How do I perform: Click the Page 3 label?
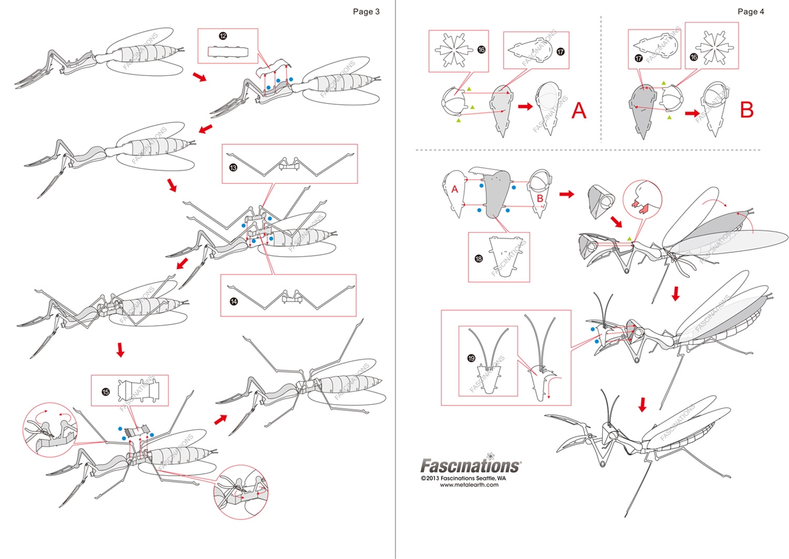pos(366,12)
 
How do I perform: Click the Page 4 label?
pos(751,12)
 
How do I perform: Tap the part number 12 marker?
pos(223,36)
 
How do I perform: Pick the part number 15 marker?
pos(105,392)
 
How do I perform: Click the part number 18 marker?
pos(478,259)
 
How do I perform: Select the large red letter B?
pos(746,110)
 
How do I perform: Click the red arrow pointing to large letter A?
pos(525,107)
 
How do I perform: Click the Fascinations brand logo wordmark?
pos(470,465)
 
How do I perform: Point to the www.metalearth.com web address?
pos(469,485)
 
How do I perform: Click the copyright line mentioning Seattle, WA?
pos(469,478)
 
